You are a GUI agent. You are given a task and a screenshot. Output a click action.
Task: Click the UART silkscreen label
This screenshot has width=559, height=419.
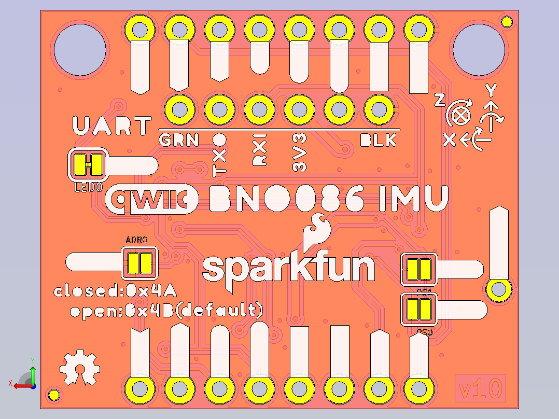pos(112,127)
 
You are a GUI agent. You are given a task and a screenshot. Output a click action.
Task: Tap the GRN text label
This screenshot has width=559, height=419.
pos(178,140)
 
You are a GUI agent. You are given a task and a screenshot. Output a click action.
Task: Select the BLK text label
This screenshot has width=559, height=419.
pos(378,140)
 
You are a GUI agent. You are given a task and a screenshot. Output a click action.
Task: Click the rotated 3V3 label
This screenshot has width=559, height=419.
pos(299,152)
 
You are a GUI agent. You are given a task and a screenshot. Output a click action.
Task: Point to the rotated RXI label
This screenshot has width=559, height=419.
pos(259,150)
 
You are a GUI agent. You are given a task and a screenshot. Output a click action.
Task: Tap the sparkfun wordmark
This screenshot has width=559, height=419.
pos(288,268)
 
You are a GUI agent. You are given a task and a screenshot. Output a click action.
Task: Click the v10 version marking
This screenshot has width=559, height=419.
pos(480,388)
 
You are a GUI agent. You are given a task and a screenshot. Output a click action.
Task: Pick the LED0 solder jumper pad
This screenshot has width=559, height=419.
pos(88,165)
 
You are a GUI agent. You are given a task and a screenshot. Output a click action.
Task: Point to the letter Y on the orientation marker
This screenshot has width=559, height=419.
pos(491,91)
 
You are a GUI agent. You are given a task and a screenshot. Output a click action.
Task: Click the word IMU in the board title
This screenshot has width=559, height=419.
pos(412,199)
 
